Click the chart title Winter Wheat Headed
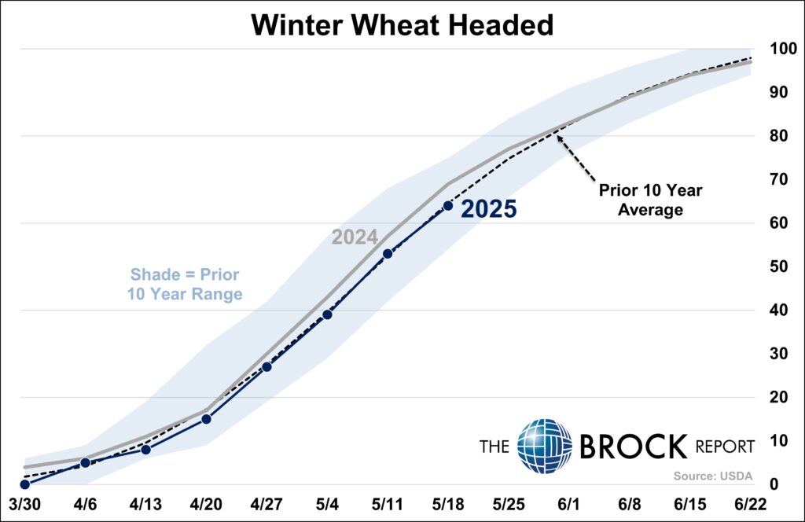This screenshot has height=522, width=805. pos(402,24)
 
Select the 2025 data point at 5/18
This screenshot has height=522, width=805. pos(447,206)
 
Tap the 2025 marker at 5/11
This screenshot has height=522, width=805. pos(388,254)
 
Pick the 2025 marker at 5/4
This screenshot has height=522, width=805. pos(327,314)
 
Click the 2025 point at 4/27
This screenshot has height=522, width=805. pos(266,366)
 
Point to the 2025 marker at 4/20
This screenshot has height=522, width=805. pos(206,419)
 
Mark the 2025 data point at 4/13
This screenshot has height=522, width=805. pos(145,450)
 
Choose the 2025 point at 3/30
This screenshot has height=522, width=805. pos(24,484)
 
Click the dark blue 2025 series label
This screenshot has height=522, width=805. pos(489,209)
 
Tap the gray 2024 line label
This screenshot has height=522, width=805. pos(355,237)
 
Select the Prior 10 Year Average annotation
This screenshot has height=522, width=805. pos(650,200)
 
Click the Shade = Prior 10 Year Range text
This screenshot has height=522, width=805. pos(185,285)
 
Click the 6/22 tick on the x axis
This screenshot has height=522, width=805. pos(750,505)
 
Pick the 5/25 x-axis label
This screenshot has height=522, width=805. pos(509,505)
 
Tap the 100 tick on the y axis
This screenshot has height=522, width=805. pos(784,49)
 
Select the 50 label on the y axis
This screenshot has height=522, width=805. pos(779,267)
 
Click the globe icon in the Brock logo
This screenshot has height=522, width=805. pos(545,446)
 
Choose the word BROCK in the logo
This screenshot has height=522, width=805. pos(634,446)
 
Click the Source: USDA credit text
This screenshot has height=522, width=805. pos(713,476)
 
